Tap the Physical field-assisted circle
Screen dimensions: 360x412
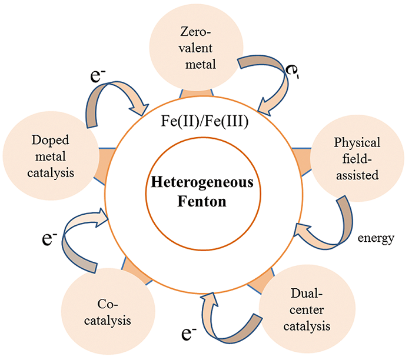click(357, 157)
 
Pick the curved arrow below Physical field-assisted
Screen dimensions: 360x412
click(330, 226)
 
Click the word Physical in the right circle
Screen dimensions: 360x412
click(357, 143)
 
